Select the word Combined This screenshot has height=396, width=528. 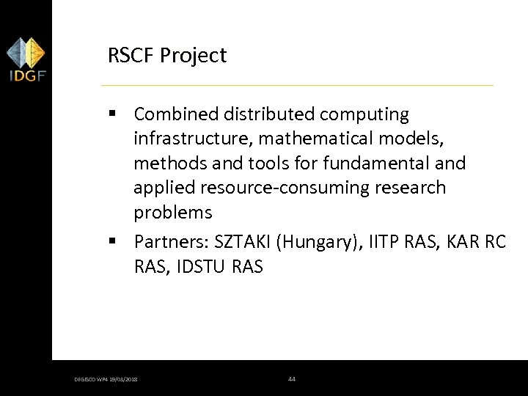[177, 114]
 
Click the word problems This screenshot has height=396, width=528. [172, 213]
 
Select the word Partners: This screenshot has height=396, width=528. [172, 242]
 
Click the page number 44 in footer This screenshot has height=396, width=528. [292, 379]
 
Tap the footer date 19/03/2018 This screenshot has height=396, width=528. [126, 380]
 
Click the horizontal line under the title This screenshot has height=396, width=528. [301, 86]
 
